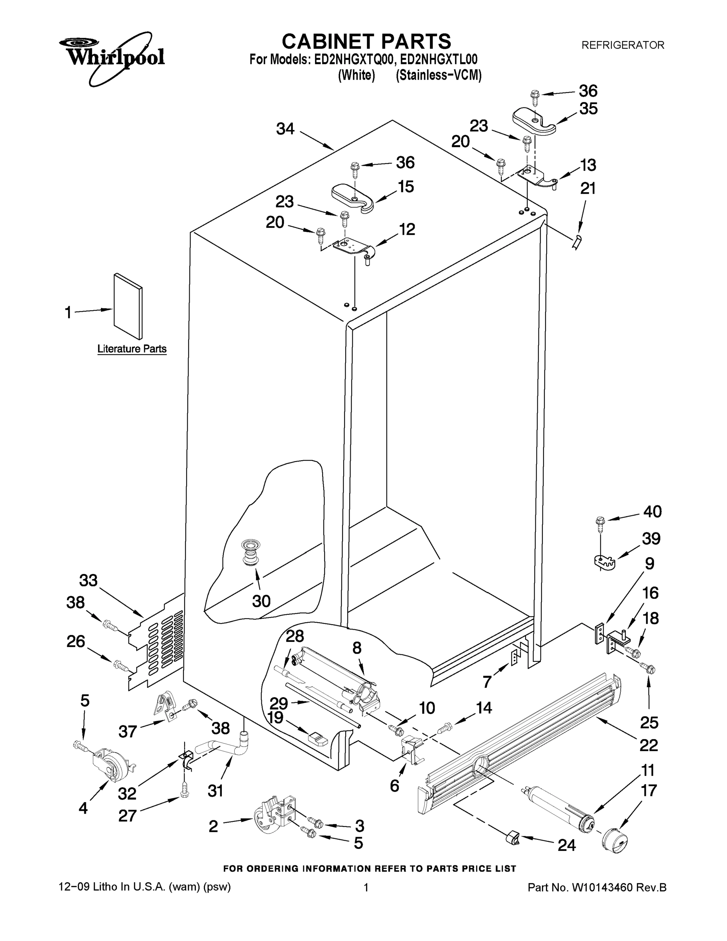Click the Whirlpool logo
tap(111, 56)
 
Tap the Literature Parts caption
tap(132, 349)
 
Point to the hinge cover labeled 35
tap(534, 122)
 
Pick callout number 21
tap(588, 188)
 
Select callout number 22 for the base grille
tap(649, 745)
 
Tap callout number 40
tap(652, 511)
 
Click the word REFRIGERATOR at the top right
tap(623, 45)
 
